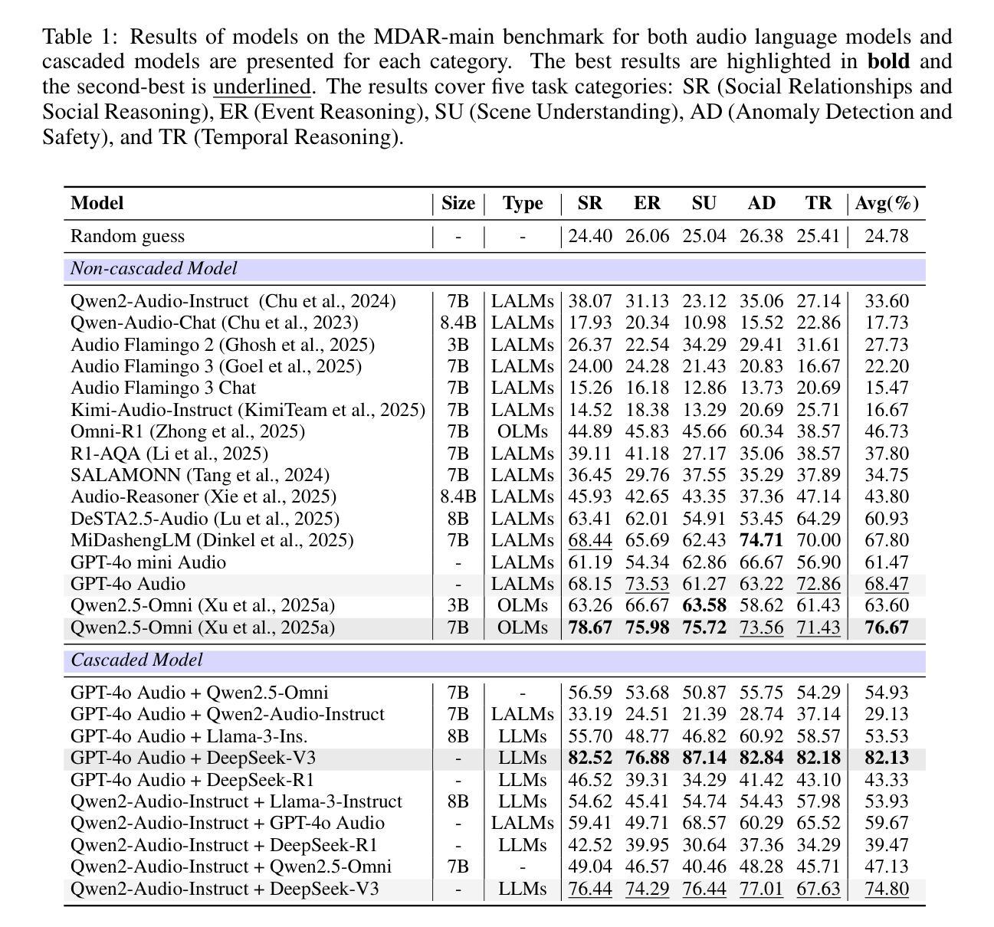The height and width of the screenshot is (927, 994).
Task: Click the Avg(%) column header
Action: [887, 203]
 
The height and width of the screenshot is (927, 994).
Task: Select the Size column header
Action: [458, 203]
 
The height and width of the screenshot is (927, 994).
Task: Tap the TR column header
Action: [818, 203]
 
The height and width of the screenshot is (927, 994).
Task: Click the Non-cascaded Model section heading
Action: [154, 269]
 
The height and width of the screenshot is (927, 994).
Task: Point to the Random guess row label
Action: [127, 236]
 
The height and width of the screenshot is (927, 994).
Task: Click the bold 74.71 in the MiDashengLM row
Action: [761, 540]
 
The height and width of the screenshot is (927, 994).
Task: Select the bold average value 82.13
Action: [887, 758]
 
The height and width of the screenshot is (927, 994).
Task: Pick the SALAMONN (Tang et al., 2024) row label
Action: [200, 475]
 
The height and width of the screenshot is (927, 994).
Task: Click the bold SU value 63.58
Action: [704, 605]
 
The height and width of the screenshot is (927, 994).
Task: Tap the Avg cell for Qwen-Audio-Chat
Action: [887, 323]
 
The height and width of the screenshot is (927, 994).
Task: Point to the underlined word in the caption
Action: [261, 87]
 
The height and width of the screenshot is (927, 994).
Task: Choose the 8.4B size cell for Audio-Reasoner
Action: [458, 496]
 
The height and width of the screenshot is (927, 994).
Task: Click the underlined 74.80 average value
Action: [887, 889]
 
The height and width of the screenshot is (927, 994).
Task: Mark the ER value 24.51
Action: [647, 714]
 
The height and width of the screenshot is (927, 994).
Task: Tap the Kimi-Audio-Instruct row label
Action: [248, 410]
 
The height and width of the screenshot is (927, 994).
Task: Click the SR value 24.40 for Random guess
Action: [590, 236]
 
